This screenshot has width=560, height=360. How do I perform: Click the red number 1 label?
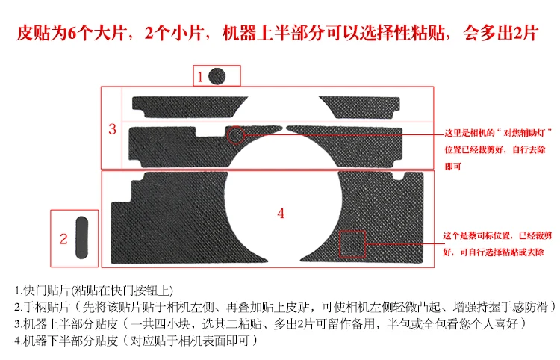tap(201, 76)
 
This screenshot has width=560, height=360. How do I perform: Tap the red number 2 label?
tap(64, 239)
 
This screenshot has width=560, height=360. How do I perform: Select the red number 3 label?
tap(112, 129)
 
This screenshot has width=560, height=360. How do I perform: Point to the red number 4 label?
tap(281, 213)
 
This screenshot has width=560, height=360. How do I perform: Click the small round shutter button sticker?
tap(217, 75)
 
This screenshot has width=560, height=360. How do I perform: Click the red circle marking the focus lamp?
tap(236, 135)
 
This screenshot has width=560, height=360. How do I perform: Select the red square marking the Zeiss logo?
tap(352, 241)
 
